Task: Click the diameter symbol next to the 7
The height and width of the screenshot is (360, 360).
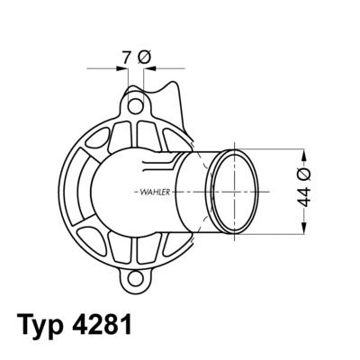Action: [x=144, y=57]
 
